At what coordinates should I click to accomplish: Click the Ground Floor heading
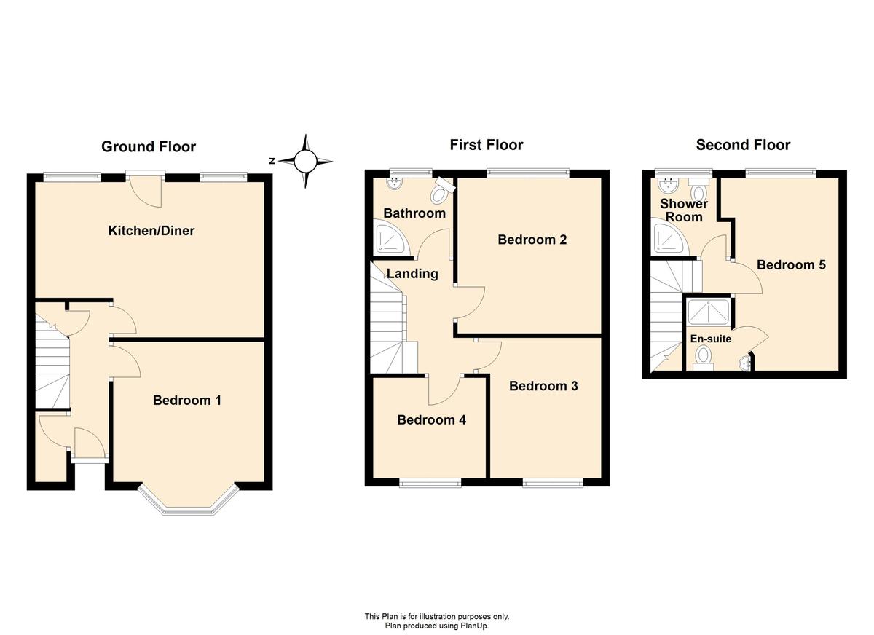click(x=149, y=146)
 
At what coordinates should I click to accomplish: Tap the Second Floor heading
click(x=743, y=145)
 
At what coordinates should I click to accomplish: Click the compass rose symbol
click(x=305, y=161)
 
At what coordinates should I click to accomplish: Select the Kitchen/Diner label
click(x=151, y=231)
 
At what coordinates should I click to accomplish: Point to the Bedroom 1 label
click(x=187, y=401)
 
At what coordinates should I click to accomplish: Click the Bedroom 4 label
click(x=431, y=419)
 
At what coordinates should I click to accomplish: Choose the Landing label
click(x=412, y=274)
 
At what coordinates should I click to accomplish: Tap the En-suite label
click(x=711, y=339)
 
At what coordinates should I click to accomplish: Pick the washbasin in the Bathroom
click(x=396, y=184)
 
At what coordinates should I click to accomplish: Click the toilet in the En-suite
click(x=703, y=358)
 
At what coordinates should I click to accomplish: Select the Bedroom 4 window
click(x=430, y=484)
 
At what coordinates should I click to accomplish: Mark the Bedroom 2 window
click(x=528, y=172)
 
